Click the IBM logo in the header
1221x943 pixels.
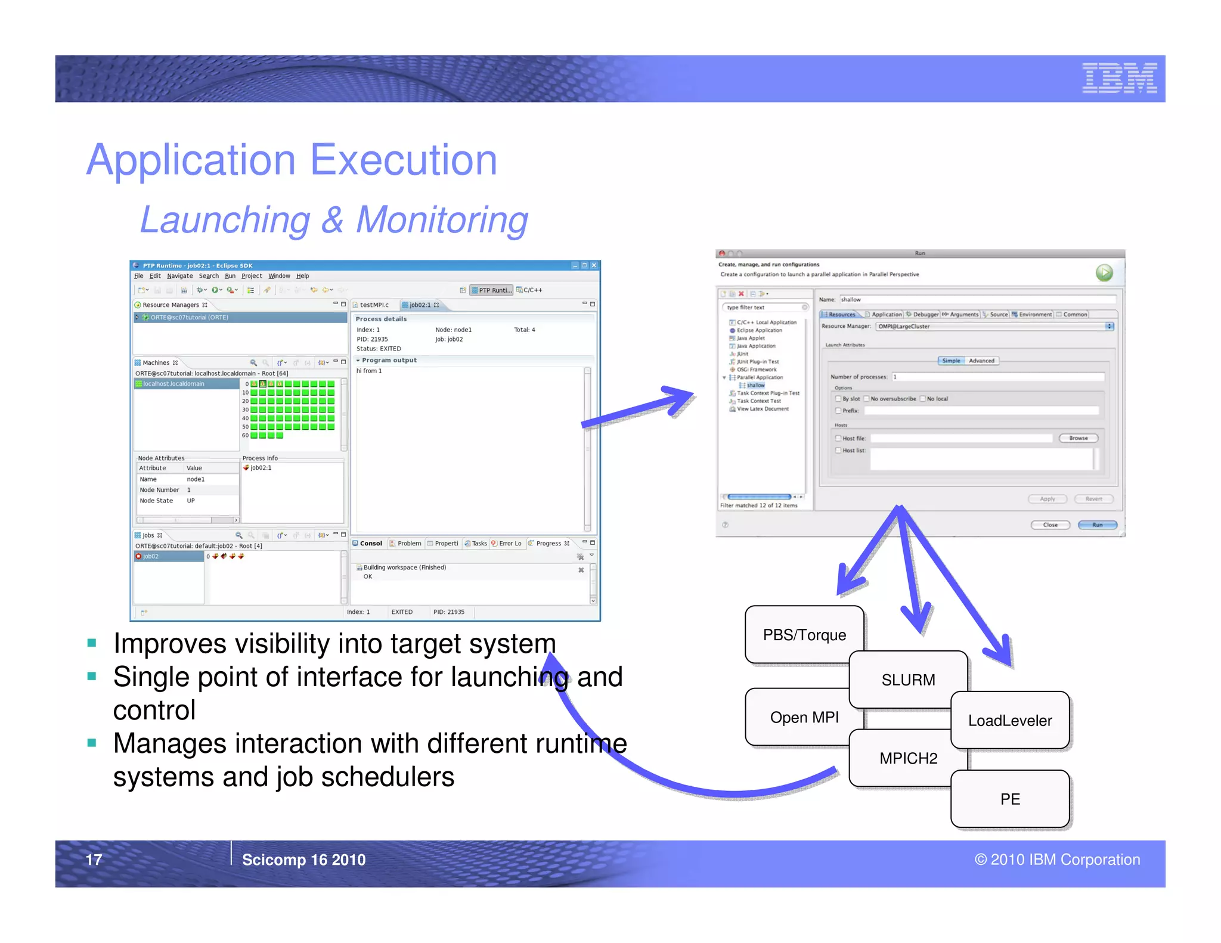(1119, 78)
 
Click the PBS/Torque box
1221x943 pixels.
(804, 635)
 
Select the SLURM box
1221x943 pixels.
(908, 680)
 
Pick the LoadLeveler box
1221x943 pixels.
(1010, 721)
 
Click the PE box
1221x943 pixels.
(1010, 799)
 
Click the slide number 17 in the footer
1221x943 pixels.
(94, 860)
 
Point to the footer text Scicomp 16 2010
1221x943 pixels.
(303, 860)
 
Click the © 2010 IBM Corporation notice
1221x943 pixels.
(1057, 860)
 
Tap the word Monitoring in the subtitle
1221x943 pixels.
(442, 220)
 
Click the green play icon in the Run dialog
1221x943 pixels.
(1104, 273)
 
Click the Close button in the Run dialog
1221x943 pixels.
(1050, 525)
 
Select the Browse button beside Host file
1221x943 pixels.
(1078, 438)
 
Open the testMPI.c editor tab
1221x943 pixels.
(374, 305)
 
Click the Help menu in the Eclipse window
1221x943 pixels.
(303, 276)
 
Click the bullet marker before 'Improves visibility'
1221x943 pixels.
(92, 643)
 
